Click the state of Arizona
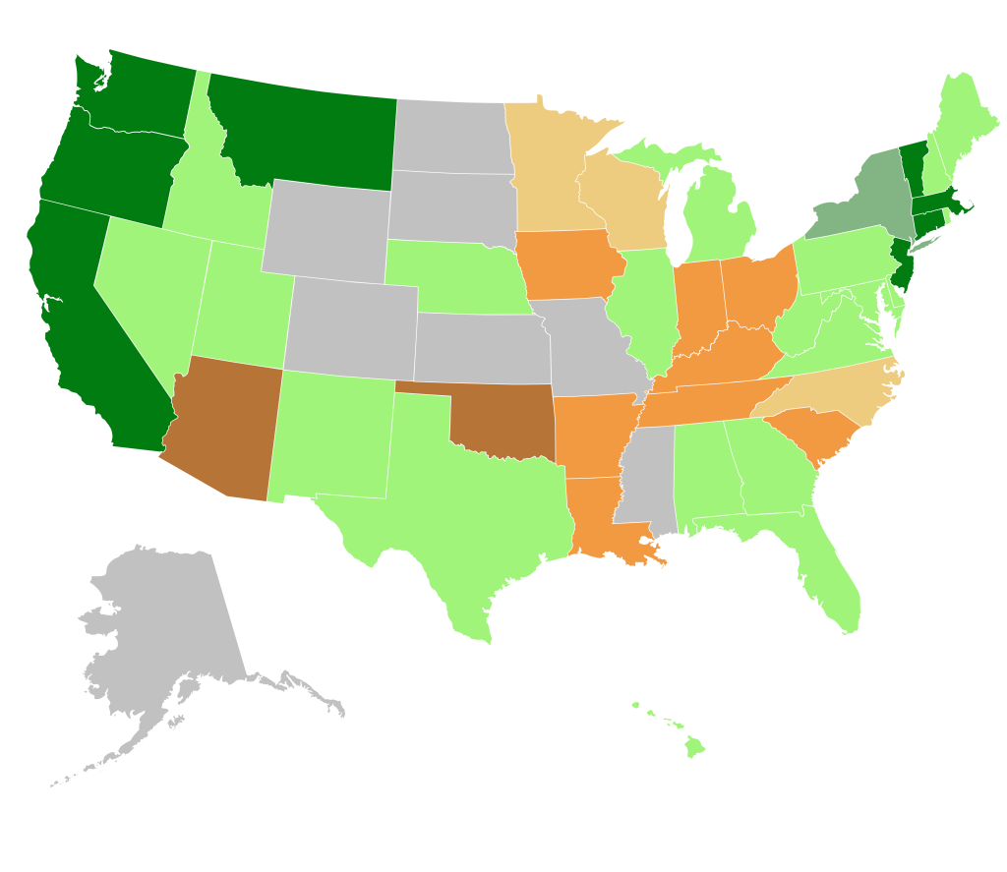point(221,428)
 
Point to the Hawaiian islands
point(694,746)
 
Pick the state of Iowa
point(570,265)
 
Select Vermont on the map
point(914,167)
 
